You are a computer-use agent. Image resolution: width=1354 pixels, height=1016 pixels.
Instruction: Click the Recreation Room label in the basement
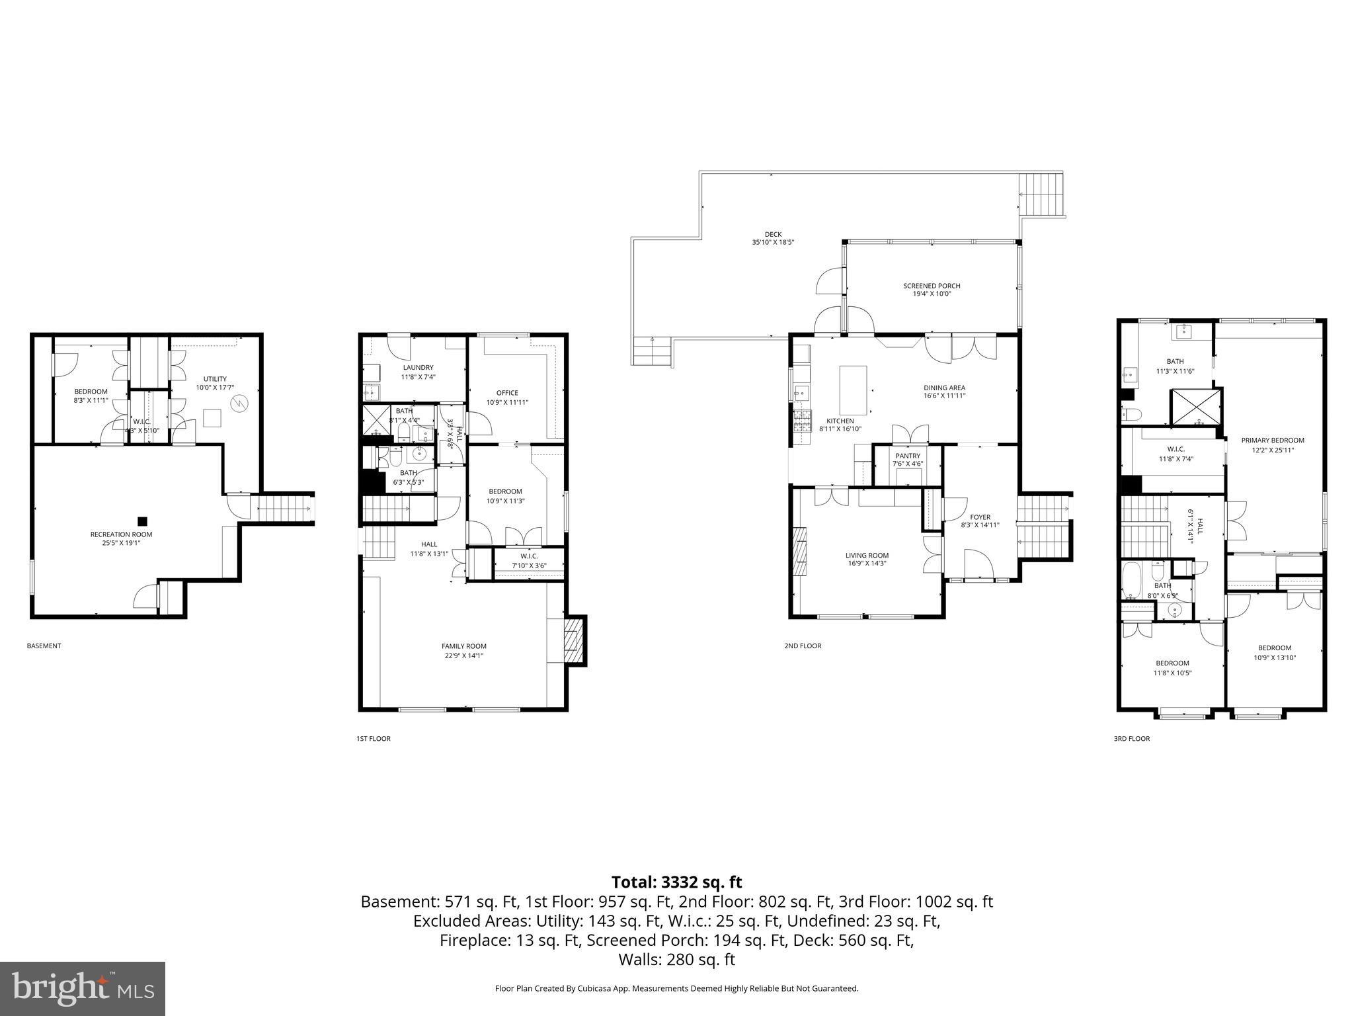pyautogui.click(x=121, y=534)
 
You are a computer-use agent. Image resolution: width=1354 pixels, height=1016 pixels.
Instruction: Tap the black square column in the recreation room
pyautogui.click(x=141, y=521)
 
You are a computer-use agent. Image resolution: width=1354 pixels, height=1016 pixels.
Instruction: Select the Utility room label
pyautogui.click(x=215, y=379)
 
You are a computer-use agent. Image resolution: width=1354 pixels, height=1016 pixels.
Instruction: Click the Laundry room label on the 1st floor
pyautogui.click(x=418, y=368)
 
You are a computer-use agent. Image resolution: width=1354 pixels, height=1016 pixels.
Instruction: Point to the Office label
pyautogui.click(x=507, y=393)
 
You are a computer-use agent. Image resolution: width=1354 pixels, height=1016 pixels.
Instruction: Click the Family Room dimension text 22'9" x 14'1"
pyautogui.click(x=463, y=656)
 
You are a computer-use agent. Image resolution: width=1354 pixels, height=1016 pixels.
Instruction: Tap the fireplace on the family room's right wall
pyautogui.click(x=572, y=640)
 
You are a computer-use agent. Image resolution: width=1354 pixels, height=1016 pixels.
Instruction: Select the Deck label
pyautogui.click(x=773, y=234)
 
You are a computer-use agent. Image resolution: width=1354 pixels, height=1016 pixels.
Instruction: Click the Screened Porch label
pyautogui.click(x=932, y=286)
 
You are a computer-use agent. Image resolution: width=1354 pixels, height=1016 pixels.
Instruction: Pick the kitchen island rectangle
pyautogui.click(x=853, y=390)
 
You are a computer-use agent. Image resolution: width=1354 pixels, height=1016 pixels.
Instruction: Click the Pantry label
pyautogui.click(x=908, y=456)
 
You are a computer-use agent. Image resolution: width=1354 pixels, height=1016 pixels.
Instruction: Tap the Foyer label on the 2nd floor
pyautogui.click(x=980, y=517)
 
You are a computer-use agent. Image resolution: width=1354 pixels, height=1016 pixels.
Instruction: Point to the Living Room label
pyautogui.click(x=867, y=556)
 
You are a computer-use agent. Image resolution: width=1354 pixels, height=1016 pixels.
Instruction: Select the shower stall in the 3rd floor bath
pyautogui.click(x=1195, y=407)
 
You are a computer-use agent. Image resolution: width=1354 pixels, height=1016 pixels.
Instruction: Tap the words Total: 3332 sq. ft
pyautogui.click(x=676, y=882)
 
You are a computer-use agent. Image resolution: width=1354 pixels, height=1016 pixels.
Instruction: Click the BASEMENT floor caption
pyautogui.click(x=44, y=646)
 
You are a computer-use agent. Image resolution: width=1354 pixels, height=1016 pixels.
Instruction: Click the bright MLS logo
pyautogui.click(x=83, y=988)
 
